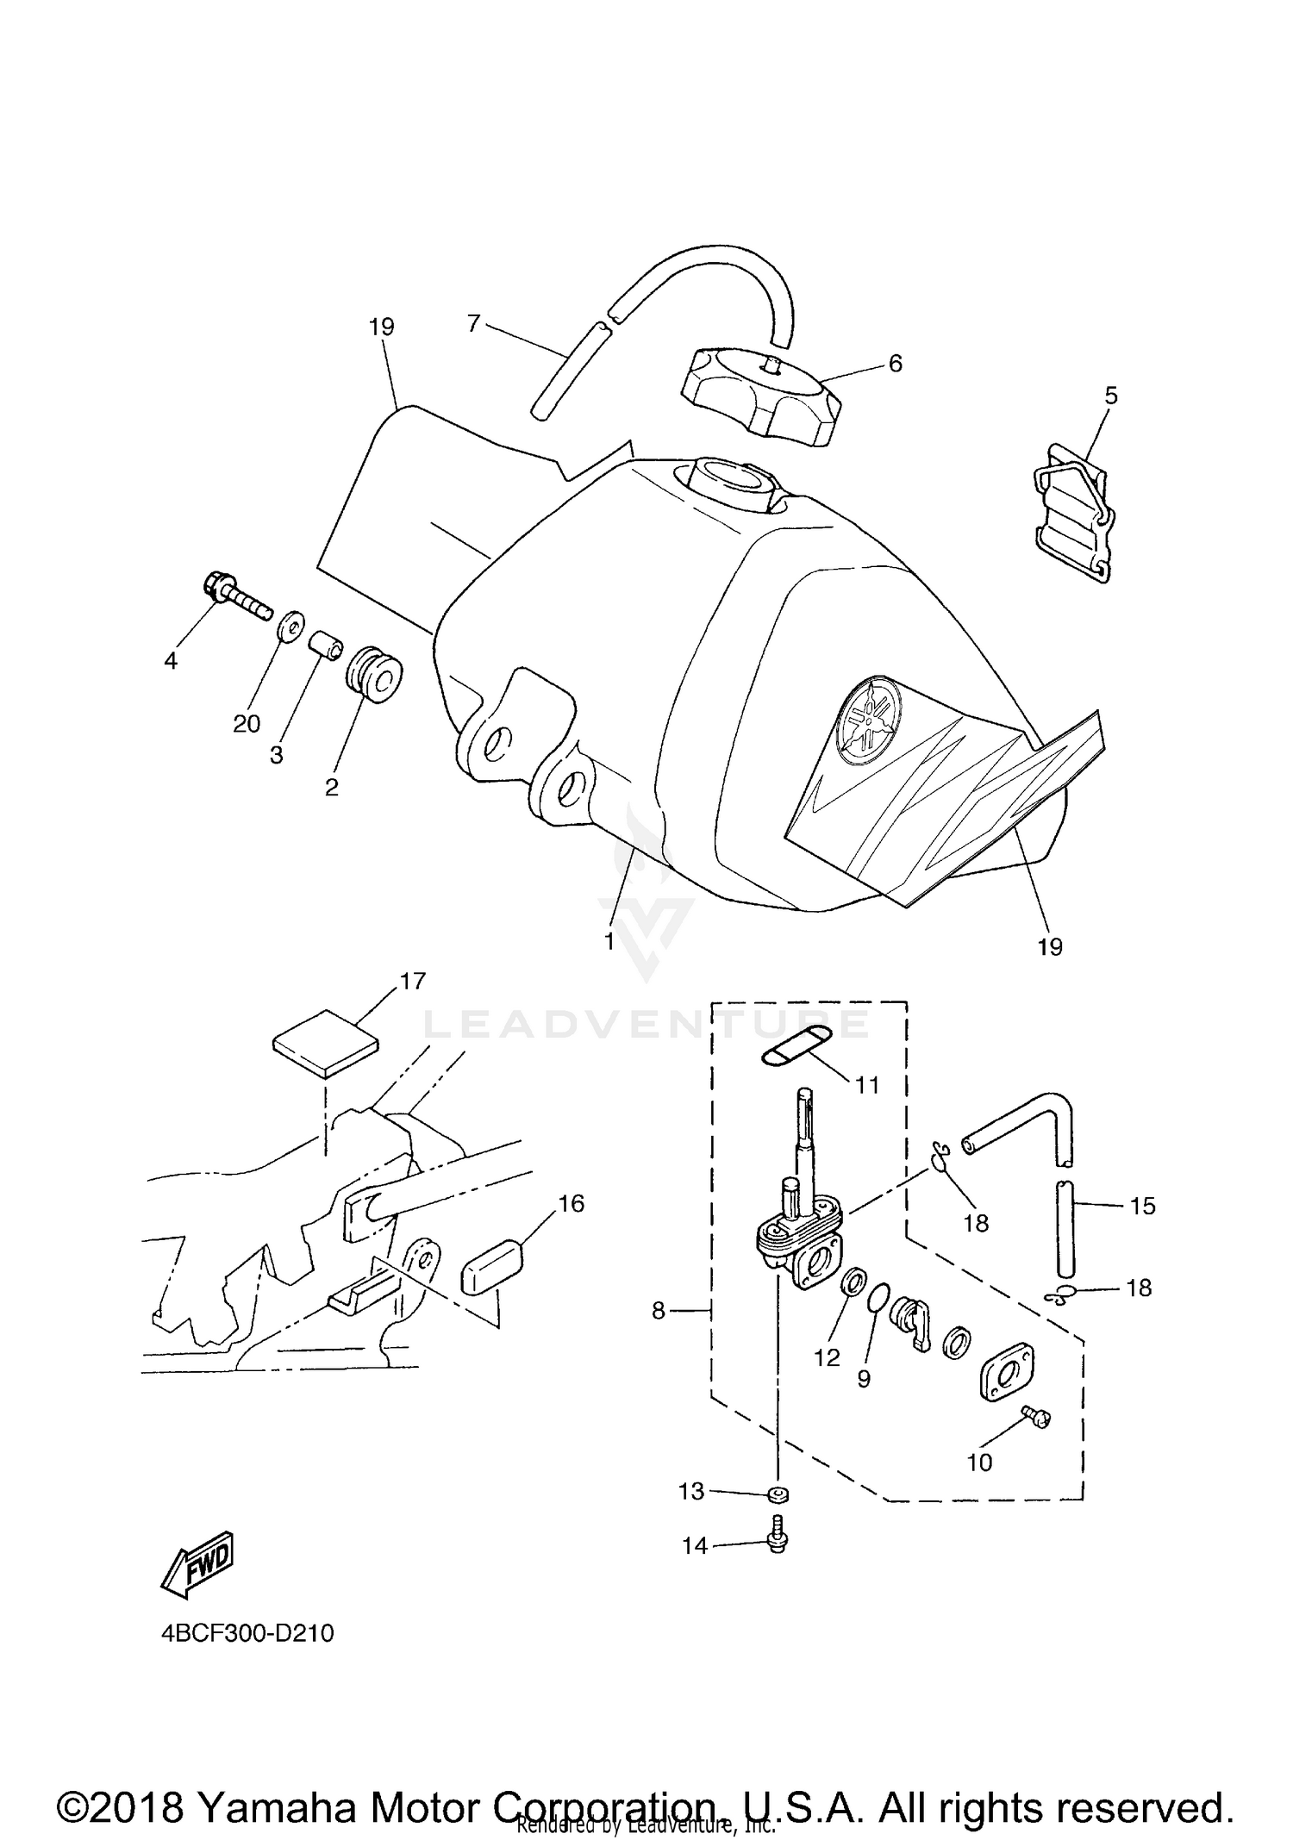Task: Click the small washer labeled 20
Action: click(290, 625)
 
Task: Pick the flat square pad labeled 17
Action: click(325, 1044)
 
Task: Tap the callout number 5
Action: click(1110, 396)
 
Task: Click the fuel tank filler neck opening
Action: click(728, 477)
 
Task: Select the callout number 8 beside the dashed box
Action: click(659, 1311)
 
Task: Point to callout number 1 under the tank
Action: click(609, 941)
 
